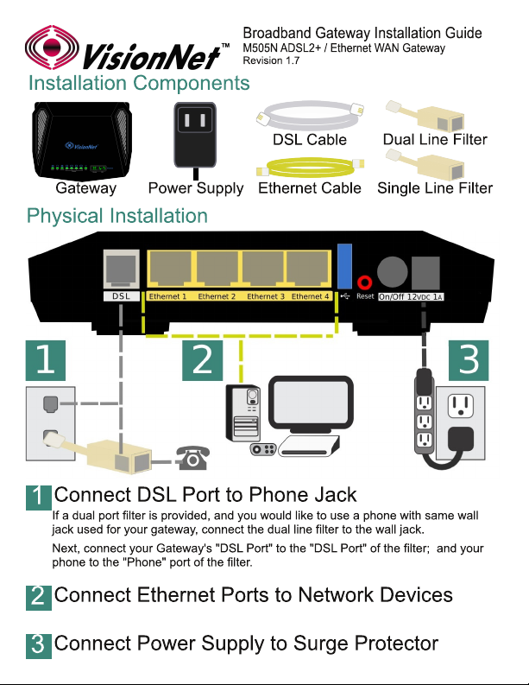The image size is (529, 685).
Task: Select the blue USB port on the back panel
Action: (346, 266)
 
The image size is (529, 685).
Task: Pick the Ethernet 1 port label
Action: (167, 296)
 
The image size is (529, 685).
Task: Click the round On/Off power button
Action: (393, 271)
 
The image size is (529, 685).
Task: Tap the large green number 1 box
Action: (45, 361)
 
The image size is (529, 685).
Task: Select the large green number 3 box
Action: (468, 360)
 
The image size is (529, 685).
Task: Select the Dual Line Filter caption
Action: (435, 140)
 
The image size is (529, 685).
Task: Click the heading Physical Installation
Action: (117, 215)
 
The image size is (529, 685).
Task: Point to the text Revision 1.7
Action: (270, 60)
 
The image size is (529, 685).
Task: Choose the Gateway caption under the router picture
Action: (85, 187)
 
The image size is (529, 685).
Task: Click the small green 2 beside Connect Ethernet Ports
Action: (38, 596)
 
